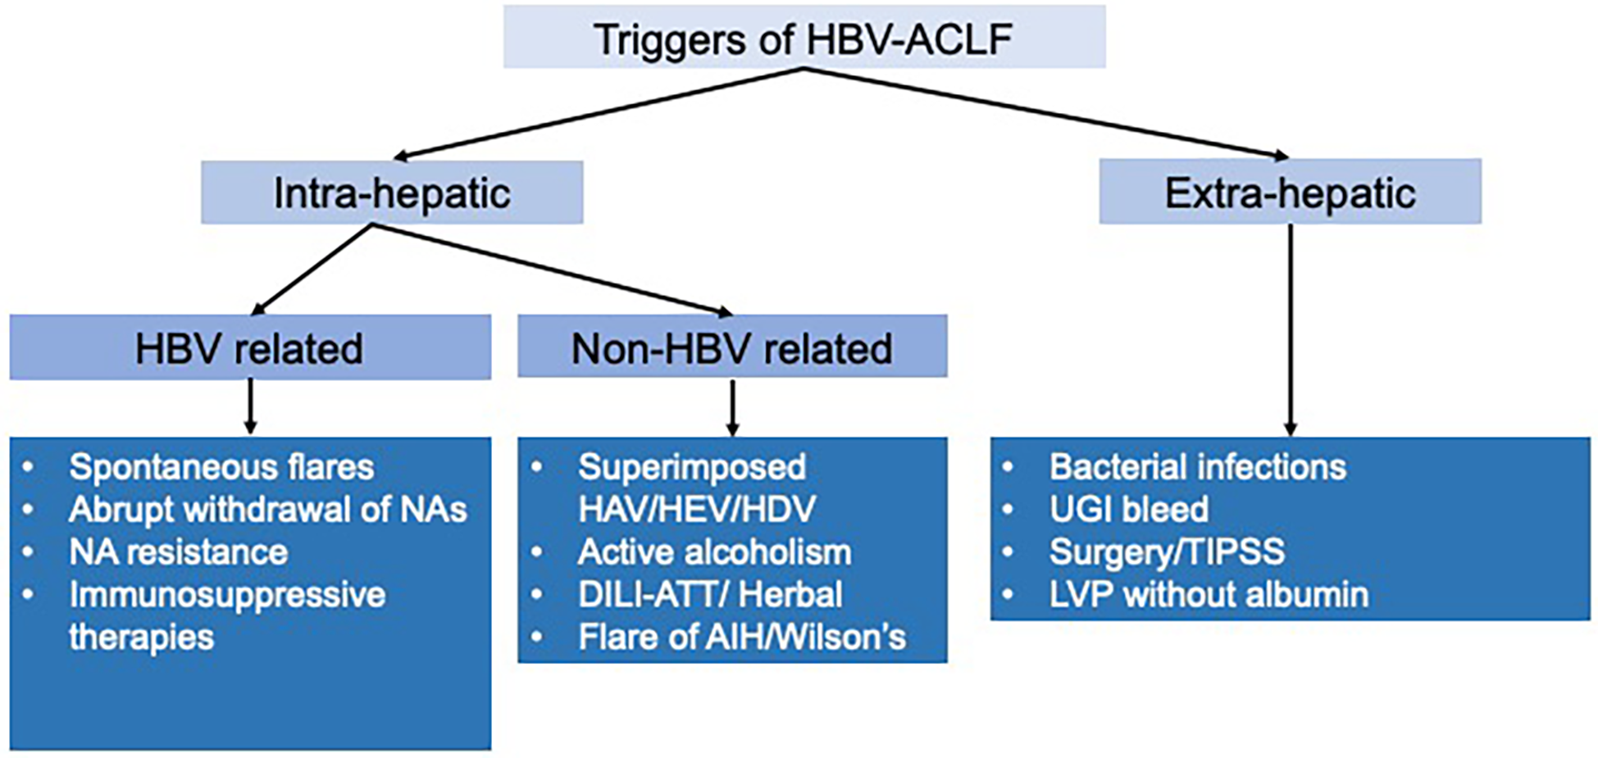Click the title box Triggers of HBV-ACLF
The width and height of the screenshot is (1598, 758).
click(x=804, y=38)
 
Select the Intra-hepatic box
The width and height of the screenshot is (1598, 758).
click(x=392, y=193)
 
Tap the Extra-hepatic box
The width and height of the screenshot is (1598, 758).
click(x=1290, y=193)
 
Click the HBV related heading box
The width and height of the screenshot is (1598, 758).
click(x=249, y=348)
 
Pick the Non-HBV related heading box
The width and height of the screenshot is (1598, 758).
click(x=731, y=348)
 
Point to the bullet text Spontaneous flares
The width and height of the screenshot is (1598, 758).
click(x=221, y=467)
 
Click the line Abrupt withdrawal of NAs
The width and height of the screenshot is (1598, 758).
click(x=267, y=510)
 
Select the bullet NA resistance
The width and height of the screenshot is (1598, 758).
click(x=178, y=552)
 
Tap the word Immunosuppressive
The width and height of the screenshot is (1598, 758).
click(x=227, y=595)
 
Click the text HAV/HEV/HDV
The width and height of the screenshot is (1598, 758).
click(x=697, y=510)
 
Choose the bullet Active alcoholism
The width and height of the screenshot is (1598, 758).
click(x=714, y=552)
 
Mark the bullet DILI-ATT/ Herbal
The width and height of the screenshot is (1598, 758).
click(x=710, y=595)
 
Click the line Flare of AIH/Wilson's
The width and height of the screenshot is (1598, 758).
click(x=742, y=638)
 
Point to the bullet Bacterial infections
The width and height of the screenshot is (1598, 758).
click(x=1197, y=467)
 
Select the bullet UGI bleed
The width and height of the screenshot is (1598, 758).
click(x=1128, y=510)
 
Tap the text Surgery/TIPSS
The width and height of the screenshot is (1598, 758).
click(x=1167, y=552)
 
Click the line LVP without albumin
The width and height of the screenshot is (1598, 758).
click(x=1209, y=595)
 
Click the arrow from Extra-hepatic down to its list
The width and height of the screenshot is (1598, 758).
click(x=1291, y=328)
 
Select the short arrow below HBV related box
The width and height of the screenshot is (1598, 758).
click(x=251, y=406)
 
